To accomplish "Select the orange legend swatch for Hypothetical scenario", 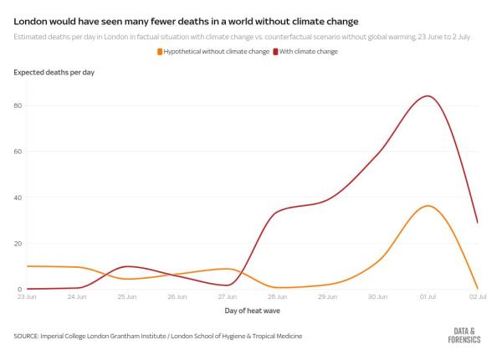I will [x=160, y=52].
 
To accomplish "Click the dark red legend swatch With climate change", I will [x=276, y=52].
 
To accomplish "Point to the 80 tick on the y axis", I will [x=18, y=105].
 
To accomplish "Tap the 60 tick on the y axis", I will [x=18, y=152].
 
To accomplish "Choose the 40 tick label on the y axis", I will [x=18, y=198].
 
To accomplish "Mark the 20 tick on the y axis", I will [x=18, y=244].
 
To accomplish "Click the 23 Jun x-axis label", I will [x=25, y=296].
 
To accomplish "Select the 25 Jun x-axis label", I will [x=127, y=296].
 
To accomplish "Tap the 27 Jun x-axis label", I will [x=227, y=296].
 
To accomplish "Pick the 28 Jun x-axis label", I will [x=277, y=296].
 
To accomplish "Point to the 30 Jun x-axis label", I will [x=377, y=296].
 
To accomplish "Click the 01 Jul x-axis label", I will [x=428, y=296].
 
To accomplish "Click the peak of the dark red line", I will [x=428, y=95].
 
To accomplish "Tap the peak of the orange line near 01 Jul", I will [x=428, y=206].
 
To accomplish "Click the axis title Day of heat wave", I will [x=251, y=311].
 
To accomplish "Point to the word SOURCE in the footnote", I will [x=30, y=336].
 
